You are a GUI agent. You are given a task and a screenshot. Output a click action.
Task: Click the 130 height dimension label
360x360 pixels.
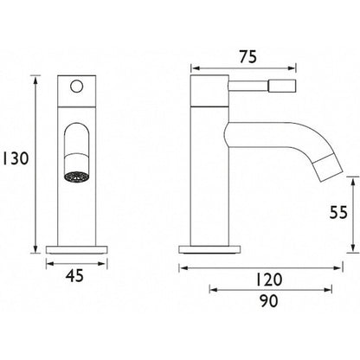click(x=16, y=158)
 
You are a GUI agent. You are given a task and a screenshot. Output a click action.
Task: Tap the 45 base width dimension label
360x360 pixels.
click(x=74, y=275)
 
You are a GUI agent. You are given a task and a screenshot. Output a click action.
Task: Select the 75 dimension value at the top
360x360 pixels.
click(x=247, y=57)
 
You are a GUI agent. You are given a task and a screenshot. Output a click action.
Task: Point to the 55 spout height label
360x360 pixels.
click(x=338, y=213)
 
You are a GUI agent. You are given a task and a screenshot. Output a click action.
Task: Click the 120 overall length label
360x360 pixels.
click(x=268, y=280)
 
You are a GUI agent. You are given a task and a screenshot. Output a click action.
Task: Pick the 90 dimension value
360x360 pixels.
click(x=268, y=301)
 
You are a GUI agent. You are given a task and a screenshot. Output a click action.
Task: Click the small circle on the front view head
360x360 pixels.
click(x=77, y=87)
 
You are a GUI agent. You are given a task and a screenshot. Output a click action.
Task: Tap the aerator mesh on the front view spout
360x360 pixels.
click(x=76, y=177)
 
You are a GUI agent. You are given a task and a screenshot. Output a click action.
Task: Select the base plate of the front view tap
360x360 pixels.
click(x=77, y=249)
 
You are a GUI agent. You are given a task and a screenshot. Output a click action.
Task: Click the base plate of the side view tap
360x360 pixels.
click(x=209, y=249)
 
